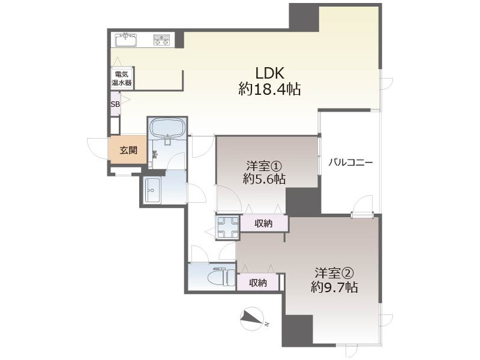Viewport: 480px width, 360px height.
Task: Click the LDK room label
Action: tap(270, 73)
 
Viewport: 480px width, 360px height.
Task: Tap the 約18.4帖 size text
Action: tap(269, 89)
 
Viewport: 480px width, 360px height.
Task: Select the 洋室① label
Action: tap(264, 166)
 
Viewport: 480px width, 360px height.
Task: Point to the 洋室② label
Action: tap(335, 272)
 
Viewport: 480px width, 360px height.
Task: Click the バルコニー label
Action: tap(350, 162)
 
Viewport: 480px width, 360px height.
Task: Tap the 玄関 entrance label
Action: tap(128, 151)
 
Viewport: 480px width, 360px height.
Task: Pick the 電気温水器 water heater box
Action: tap(122, 78)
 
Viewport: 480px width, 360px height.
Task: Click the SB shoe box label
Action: tap(115, 104)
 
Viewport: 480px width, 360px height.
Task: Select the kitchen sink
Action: tap(126, 40)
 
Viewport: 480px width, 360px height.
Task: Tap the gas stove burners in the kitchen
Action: tap(161, 40)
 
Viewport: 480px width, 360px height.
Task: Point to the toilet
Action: tap(218, 277)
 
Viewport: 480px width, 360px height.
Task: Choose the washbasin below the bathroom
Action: tap(152, 190)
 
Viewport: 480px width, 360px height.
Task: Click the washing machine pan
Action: tap(228, 227)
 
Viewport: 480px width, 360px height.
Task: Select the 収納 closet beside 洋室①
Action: tap(264, 224)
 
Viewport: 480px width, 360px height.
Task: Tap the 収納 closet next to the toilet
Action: tap(258, 282)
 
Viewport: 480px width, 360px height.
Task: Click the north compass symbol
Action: tap(252, 319)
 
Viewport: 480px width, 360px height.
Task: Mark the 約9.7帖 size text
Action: tap(335, 287)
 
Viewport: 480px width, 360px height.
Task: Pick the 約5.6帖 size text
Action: tap(264, 178)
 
